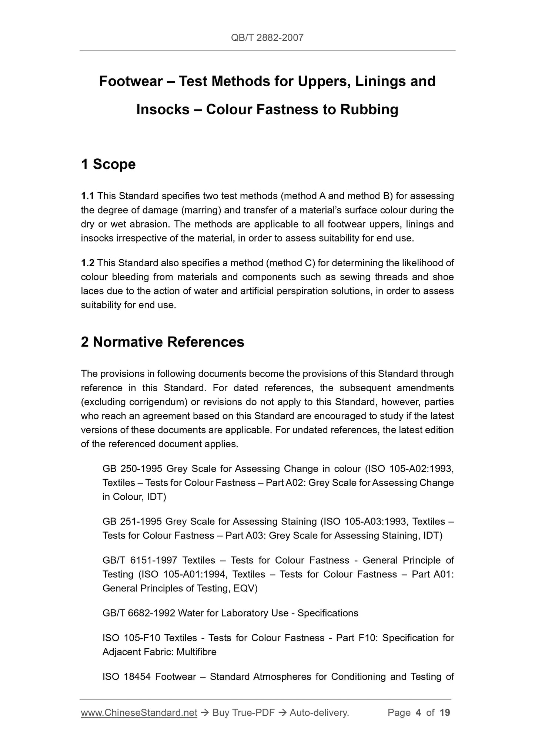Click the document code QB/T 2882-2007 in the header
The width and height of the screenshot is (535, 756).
[x=267, y=37]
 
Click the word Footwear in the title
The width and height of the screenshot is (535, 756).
[x=131, y=81]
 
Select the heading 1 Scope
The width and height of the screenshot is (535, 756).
[x=108, y=164]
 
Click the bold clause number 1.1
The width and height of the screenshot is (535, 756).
[x=87, y=196]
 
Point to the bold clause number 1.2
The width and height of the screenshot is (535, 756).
[x=87, y=263]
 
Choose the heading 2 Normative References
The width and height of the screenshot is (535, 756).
[x=163, y=342]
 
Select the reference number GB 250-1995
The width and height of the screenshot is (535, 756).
[x=132, y=469]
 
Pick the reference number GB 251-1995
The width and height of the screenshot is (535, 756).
[x=132, y=522]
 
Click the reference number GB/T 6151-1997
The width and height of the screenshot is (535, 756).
[x=140, y=560]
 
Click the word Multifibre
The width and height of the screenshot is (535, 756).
[x=196, y=652]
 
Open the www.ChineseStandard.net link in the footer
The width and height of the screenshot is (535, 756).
[x=139, y=713]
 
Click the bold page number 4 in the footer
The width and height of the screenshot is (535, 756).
[x=418, y=713]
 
